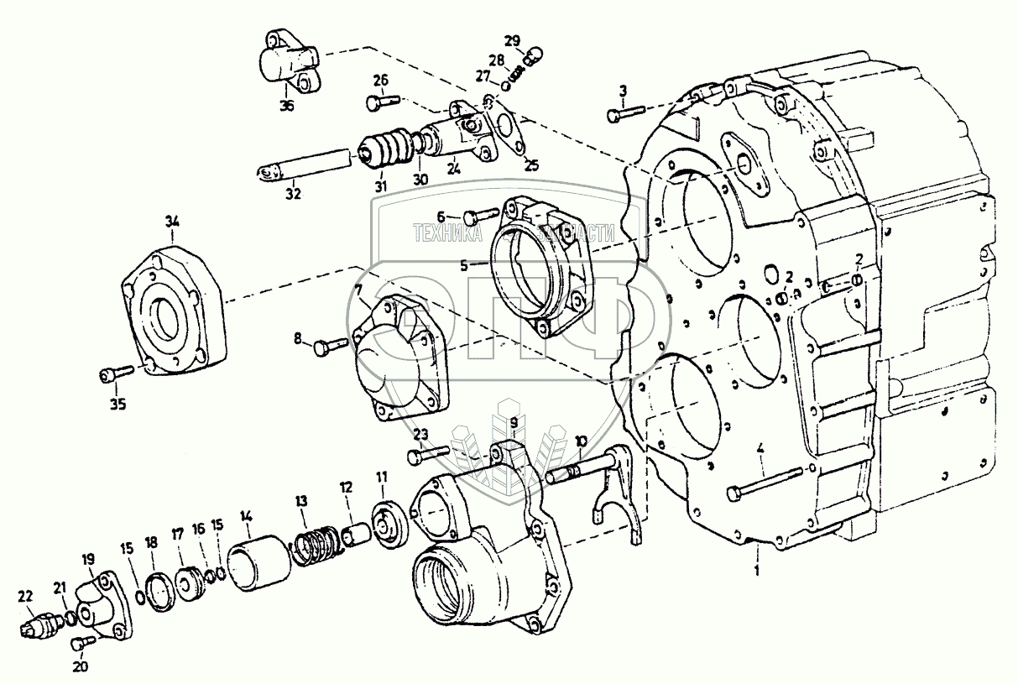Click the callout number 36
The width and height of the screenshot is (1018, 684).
click(288, 106)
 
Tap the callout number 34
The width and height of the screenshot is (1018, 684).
click(172, 222)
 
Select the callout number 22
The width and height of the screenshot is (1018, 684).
click(26, 596)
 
